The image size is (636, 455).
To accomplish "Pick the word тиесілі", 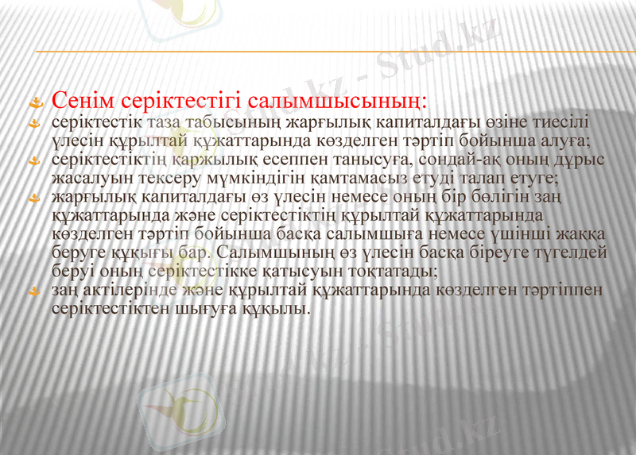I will pyautogui.click(x=560, y=124).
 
